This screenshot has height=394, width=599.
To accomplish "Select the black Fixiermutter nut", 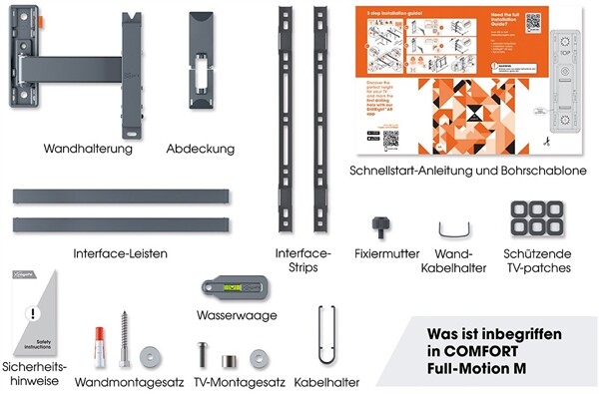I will [x=378, y=224].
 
